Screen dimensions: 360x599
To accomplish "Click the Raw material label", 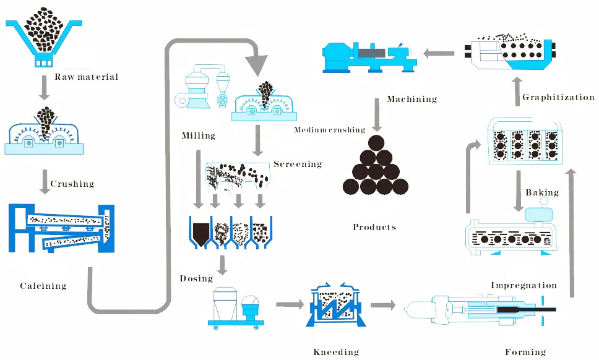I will tap(86, 77).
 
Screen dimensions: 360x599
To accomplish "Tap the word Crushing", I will tap(72, 184).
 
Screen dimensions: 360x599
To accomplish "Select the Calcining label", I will tap(43, 286).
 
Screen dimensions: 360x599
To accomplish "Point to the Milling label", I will tap(198, 135).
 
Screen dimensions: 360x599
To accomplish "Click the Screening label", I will tap(298, 165).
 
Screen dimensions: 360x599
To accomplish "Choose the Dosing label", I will tap(196, 278).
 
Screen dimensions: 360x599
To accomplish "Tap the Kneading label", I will tap(336, 352).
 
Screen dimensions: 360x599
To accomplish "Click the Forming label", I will tap(525, 352).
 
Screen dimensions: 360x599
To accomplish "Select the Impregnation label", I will tap(524, 285).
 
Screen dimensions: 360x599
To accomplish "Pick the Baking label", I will tap(542, 193).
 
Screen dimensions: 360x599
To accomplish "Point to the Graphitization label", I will tap(558, 97).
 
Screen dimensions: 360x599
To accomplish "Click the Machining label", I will tap(412, 99).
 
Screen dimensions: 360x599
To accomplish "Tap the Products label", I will tap(374, 227).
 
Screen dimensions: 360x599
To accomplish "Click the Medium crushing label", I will tap(329, 130).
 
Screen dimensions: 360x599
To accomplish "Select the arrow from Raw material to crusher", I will tap(43, 88).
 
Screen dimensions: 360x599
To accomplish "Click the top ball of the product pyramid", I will tap(376, 144).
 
